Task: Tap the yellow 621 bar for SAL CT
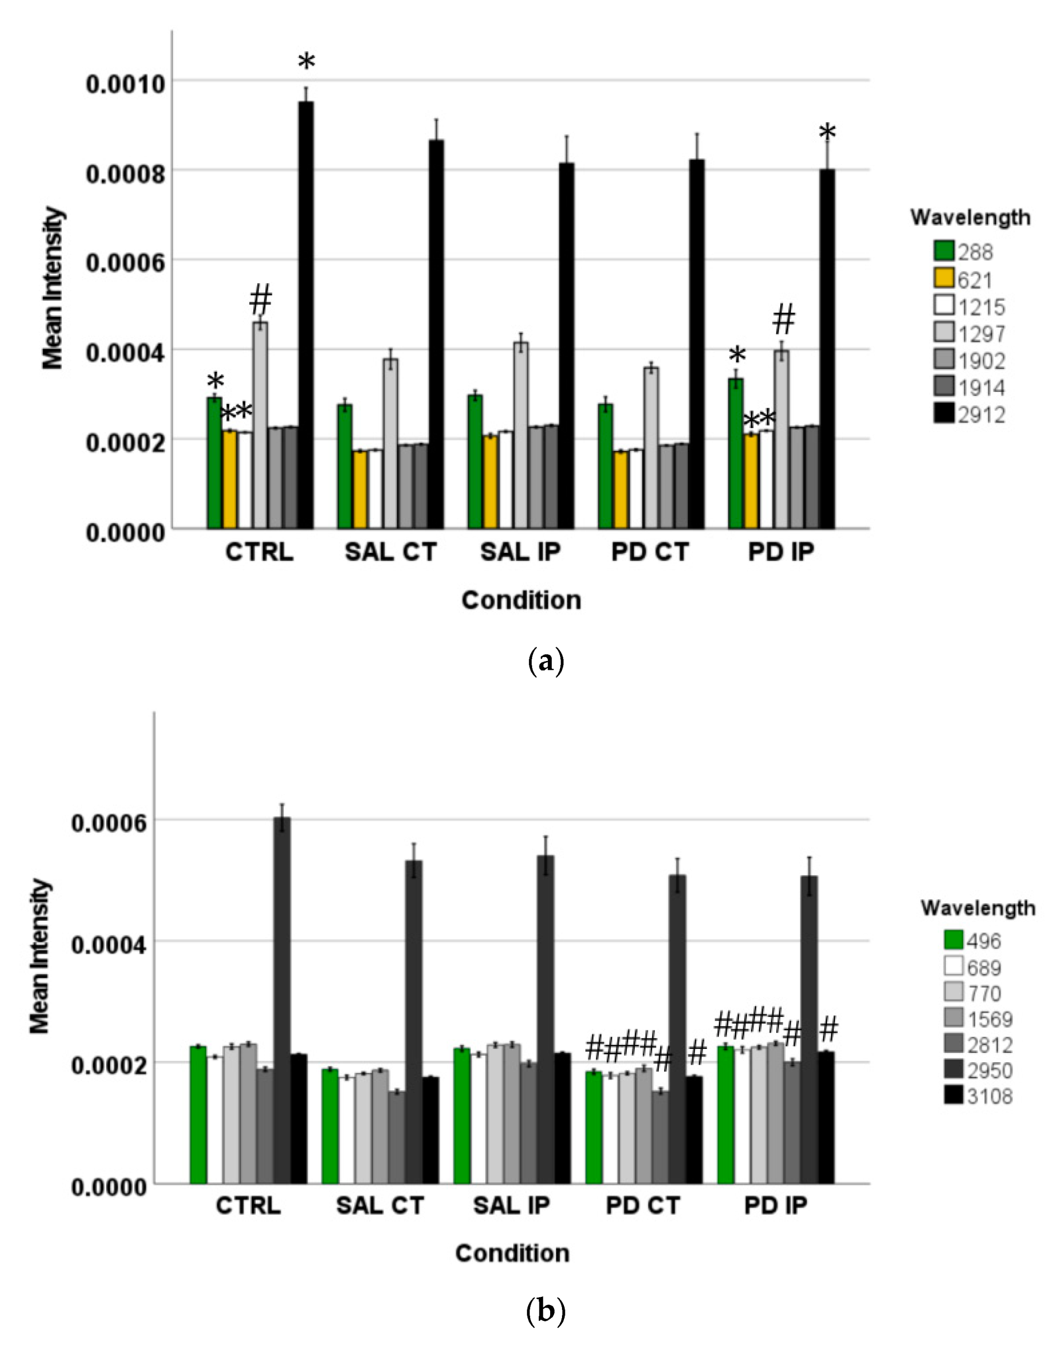(360, 489)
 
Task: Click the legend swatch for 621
(944, 278)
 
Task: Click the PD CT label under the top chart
(650, 552)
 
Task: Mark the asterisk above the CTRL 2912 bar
(306, 63)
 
